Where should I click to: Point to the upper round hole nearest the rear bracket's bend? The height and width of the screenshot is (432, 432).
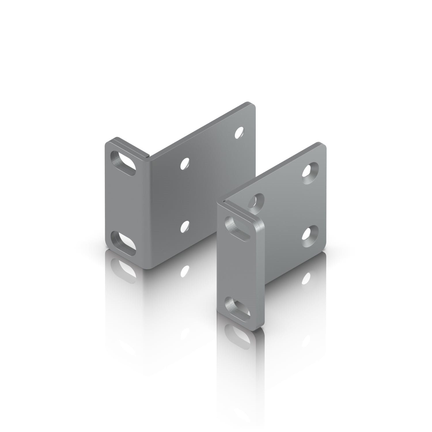tap(185, 163)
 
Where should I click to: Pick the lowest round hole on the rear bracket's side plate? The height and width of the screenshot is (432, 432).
tap(185, 227)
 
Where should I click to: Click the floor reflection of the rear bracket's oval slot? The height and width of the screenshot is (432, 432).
tap(124, 268)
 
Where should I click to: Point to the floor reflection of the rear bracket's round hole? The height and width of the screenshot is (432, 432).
tap(185, 271)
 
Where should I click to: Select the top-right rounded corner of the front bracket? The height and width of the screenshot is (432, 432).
tap(324, 145)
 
